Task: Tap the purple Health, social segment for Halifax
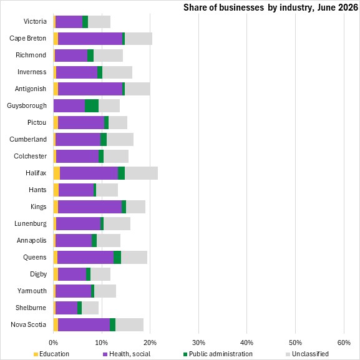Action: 89,173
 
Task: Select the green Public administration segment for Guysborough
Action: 92,106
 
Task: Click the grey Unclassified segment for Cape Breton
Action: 139,39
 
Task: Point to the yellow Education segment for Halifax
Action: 57,173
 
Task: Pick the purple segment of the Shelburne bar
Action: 66,308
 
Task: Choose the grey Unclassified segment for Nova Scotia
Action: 130,324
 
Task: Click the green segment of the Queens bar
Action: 117,258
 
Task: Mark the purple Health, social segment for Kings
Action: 90,207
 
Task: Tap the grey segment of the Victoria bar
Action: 99,22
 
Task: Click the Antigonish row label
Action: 31,89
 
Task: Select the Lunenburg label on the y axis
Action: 31,223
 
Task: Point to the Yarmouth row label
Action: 32,291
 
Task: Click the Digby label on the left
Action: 38,275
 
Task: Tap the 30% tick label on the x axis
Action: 198,343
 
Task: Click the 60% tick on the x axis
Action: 344,343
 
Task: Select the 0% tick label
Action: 53,343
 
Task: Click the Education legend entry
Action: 51,354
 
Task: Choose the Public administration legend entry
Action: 218,354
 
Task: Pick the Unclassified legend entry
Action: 307,354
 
